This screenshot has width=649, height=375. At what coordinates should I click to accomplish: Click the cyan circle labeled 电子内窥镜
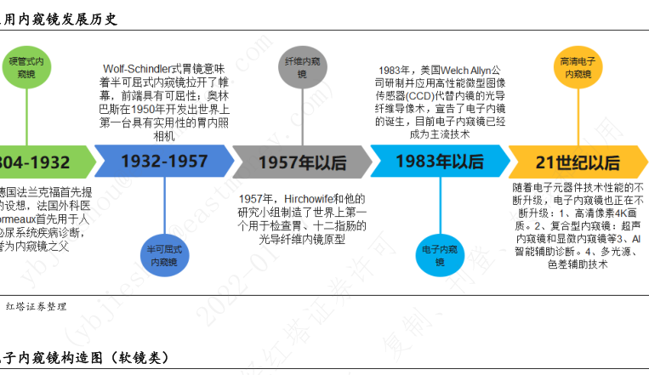(x=440, y=256)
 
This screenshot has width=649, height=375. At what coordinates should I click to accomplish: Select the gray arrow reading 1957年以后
(x=301, y=162)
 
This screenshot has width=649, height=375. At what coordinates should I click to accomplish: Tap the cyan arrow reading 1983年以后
(x=440, y=162)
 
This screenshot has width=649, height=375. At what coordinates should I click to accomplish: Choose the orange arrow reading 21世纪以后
(x=578, y=162)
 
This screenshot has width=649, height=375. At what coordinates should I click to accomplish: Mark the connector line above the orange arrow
(x=578, y=119)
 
